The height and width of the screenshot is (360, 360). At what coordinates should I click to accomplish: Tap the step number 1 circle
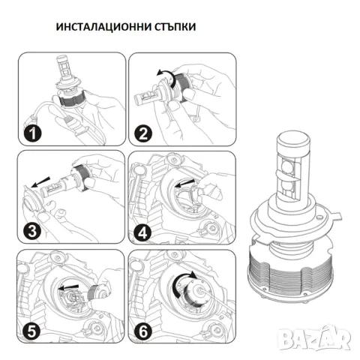coord(31,136)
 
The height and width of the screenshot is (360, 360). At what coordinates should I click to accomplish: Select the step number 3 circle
coord(31,232)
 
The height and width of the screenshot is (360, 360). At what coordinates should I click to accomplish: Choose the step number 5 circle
coord(31,328)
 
